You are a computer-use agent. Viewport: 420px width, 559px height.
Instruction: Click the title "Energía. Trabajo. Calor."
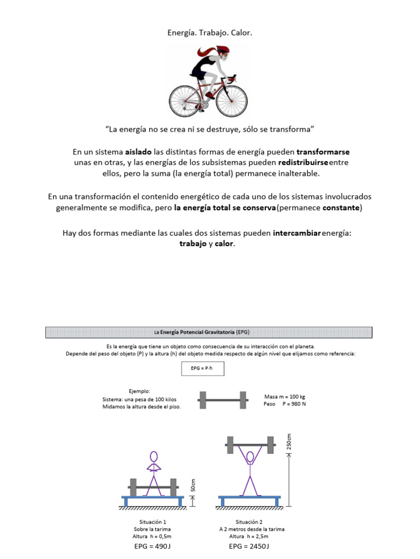[209, 33]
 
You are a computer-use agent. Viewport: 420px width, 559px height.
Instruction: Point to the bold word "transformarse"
[323, 151]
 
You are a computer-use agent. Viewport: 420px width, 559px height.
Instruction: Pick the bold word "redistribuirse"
[304, 163]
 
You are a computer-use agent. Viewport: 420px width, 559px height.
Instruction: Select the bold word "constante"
[341, 208]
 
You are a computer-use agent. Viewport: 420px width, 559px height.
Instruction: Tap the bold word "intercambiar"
[297, 233]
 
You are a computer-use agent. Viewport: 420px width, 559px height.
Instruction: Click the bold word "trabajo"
[192, 244]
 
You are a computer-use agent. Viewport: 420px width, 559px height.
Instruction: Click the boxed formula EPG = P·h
[203, 369]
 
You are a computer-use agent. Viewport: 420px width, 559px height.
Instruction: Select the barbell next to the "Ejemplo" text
[223, 400]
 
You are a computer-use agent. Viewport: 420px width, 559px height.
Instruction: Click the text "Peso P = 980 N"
[284, 404]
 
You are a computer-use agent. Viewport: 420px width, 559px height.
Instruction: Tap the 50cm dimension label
[193, 484]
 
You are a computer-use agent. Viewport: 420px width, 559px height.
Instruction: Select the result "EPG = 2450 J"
[249, 546]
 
